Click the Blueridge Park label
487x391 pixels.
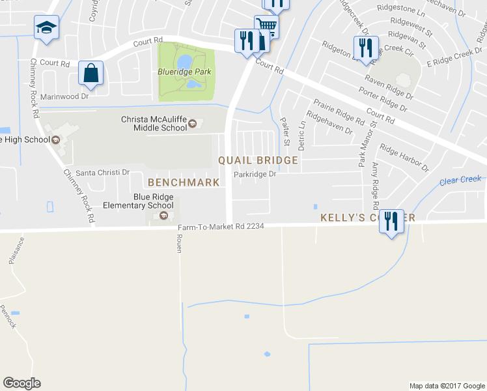click(x=186, y=72)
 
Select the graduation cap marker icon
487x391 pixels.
click(x=46, y=28)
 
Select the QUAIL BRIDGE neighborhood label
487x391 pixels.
click(x=258, y=160)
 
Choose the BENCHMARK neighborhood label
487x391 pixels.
click(x=184, y=182)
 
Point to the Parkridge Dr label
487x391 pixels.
click(x=255, y=175)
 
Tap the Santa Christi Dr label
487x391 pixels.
click(x=104, y=173)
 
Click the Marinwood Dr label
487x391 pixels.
click(x=64, y=96)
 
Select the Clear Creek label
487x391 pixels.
click(x=460, y=180)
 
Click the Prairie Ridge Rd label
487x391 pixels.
click(x=339, y=111)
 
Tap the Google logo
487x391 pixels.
click(x=21, y=383)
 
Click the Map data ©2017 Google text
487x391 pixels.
click(x=447, y=386)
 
